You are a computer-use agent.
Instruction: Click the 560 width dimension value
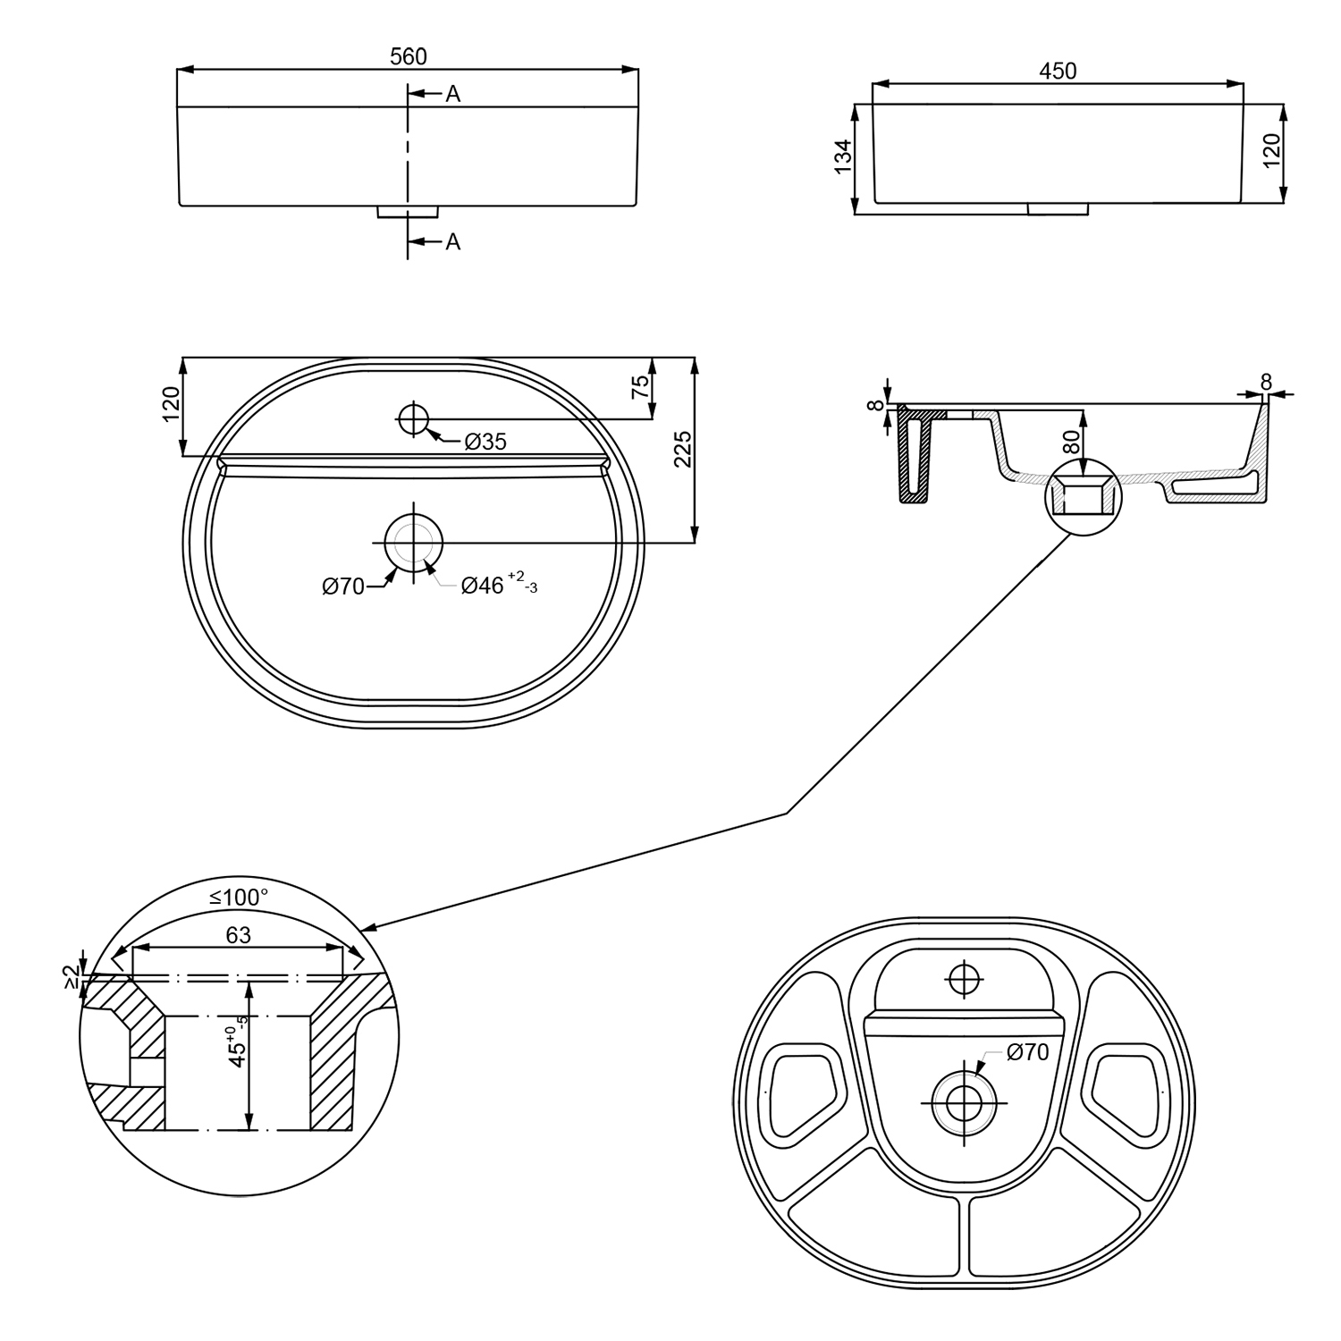point(409,56)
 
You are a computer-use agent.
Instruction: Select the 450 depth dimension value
point(1058,71)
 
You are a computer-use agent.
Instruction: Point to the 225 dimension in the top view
point(682,450)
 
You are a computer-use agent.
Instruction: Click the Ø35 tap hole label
point(485,441)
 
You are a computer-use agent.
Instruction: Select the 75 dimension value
point(640,387)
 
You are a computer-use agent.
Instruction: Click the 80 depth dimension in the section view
point(1072,441)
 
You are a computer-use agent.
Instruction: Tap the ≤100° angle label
point(239,897)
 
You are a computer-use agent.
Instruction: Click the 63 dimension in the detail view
point(238,935)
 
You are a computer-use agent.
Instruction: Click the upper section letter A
point(453,94)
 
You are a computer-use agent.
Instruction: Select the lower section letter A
point(453,241)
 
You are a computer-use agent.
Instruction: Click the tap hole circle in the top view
point(413,417)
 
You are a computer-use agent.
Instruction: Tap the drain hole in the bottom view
point(962,1104)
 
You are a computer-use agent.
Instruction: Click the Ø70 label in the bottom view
point(1027,1052)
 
